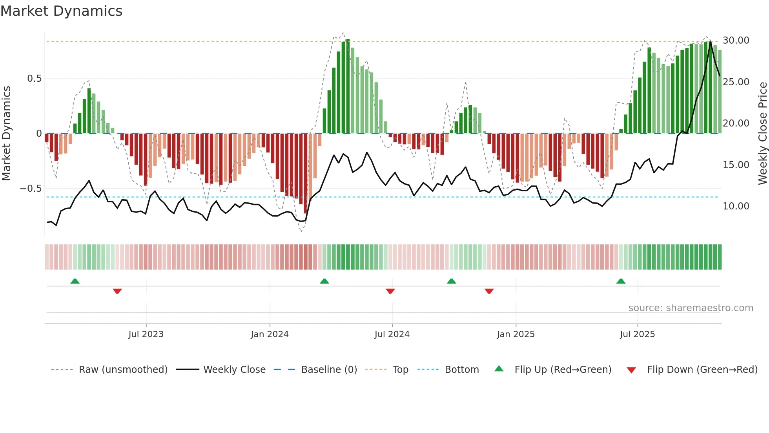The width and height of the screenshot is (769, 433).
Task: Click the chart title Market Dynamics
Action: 61,11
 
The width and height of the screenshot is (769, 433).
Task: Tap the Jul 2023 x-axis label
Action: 146,334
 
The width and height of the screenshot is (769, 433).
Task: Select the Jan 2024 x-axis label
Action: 270,334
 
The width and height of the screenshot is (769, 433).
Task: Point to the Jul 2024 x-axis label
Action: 392,334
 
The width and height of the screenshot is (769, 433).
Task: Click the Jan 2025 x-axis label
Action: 516,334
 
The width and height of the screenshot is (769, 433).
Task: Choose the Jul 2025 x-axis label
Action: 637,334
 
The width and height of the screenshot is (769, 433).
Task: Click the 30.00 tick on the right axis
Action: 736,40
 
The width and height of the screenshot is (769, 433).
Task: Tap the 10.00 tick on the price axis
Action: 736,206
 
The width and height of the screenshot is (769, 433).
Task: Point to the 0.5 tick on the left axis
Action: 34,79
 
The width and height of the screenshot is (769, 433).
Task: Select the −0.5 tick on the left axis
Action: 31,189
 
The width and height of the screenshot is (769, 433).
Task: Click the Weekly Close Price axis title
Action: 762,133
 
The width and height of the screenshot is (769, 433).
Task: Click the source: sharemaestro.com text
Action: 691,308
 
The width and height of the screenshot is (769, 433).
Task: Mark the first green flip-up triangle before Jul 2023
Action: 75,281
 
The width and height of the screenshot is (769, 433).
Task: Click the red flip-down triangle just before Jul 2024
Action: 390,291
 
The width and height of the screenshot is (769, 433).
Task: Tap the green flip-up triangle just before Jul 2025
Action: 621,281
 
